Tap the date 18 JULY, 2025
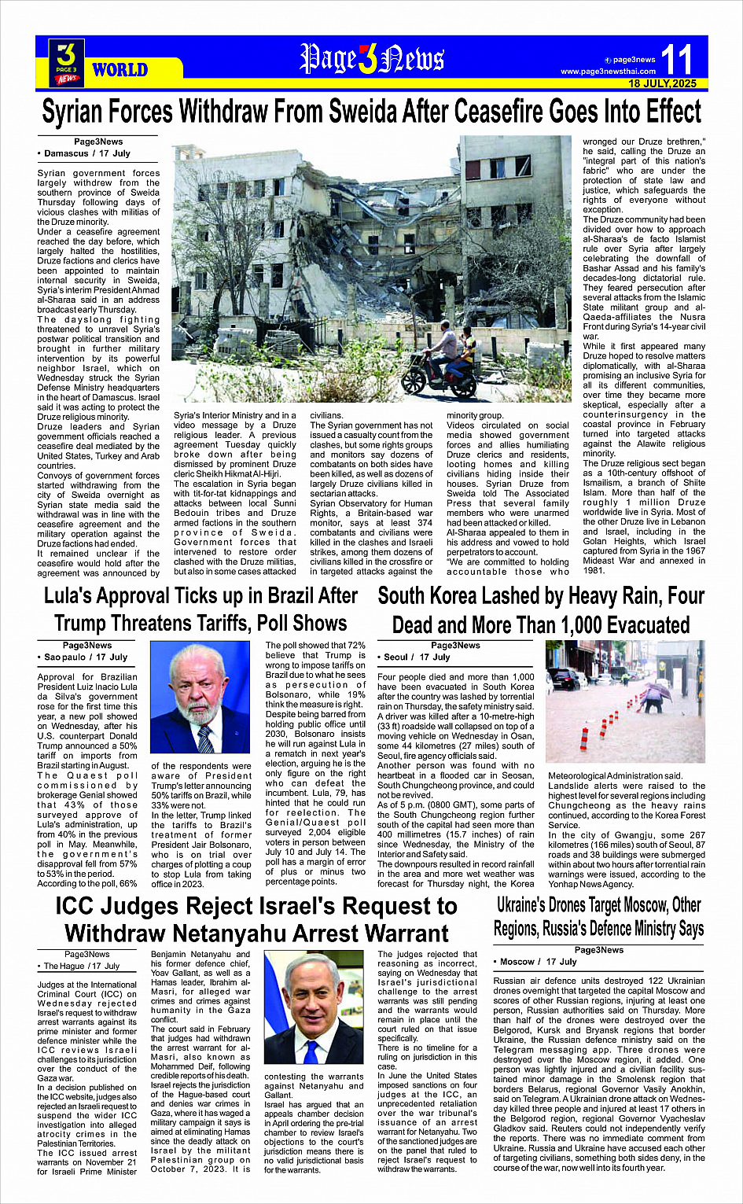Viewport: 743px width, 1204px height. click(662, 83)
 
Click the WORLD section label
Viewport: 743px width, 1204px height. click(120, 70)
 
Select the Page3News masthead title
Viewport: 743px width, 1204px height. click(372, 59)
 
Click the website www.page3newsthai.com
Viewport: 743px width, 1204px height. click(608, 72)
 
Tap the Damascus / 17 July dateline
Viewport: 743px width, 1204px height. click(86, 153)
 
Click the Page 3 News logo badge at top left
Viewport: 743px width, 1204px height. click(67, 63)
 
